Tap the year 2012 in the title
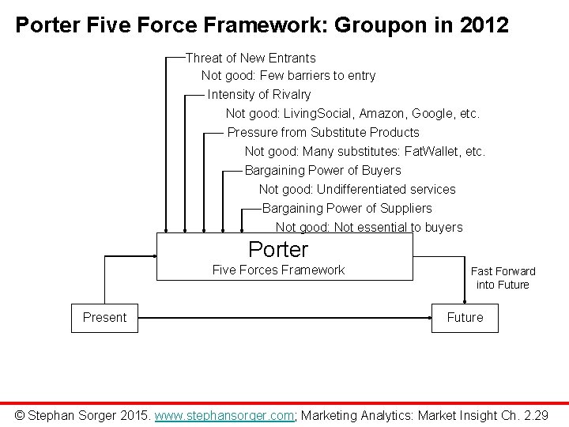coord(479,25)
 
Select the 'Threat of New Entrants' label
coord(251,58)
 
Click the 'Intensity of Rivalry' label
coord(259,95)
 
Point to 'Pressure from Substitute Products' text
coord(323,132)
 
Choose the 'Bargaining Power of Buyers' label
coord(322,170)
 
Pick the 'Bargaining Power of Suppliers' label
coord(347,208)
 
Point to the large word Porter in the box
coord(278,250)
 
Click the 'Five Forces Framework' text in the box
coord(278,270)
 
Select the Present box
coord(104,317)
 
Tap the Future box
coord(465,317)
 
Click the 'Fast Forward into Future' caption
coord(503,278)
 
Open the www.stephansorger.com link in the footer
coord(224,414)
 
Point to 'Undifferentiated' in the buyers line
coord(364,189)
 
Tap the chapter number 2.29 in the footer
coord(534,414)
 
